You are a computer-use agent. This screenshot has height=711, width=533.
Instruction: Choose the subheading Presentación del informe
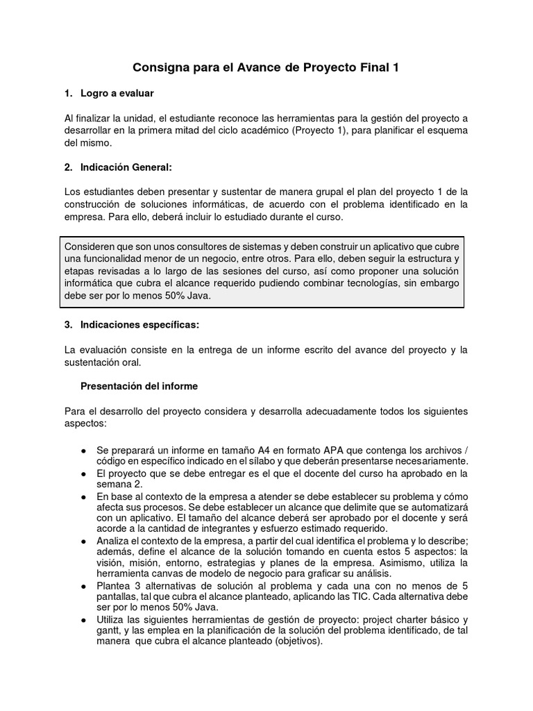[x=139, y=386]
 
